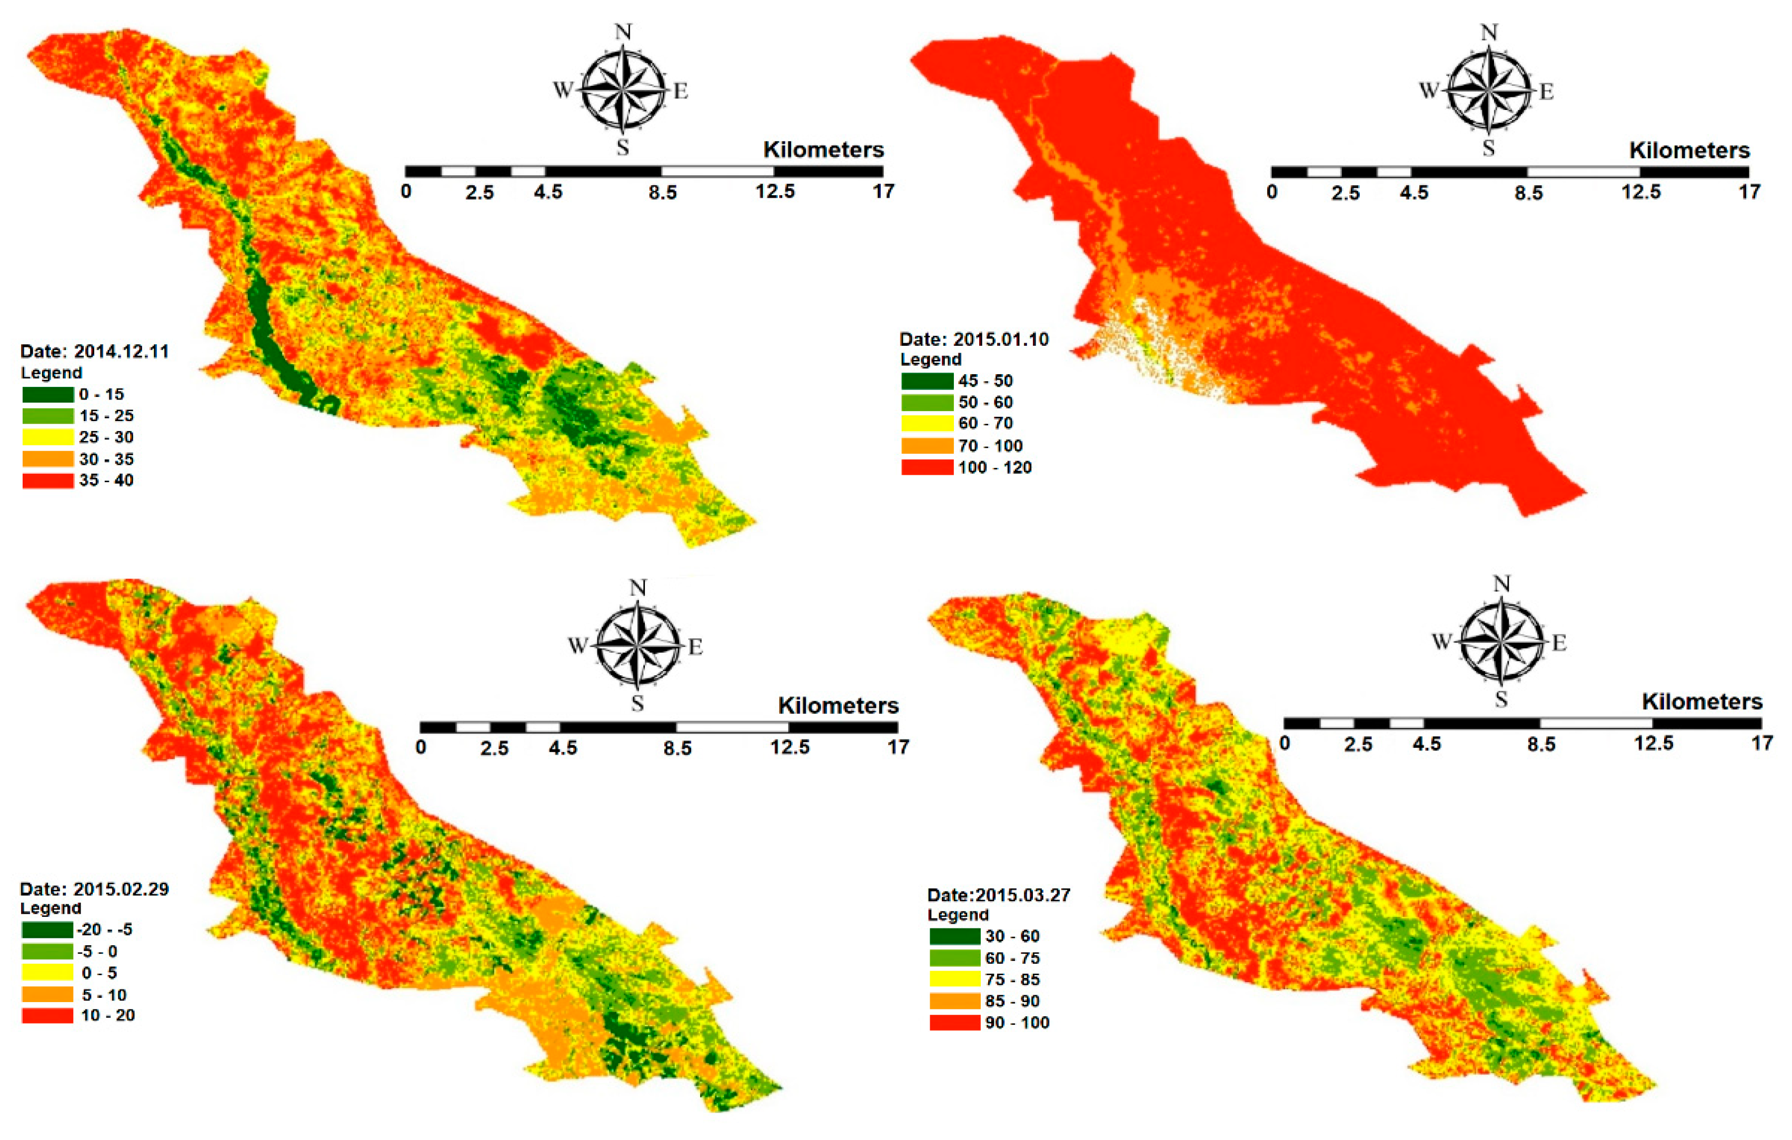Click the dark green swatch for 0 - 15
(x=47, y=394)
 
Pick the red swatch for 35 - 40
(x=47, y=481)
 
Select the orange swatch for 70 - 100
(x=927, y=446)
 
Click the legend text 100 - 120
(x=995, y=467)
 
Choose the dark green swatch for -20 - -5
(x=47, y=929)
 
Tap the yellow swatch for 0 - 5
(x=47, y=973)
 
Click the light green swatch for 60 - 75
(x=955, y=958)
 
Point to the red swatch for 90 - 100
(x=955, y=1023)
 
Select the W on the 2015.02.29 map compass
(x=578, y=645)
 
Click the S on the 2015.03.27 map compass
(x=1501, y=699)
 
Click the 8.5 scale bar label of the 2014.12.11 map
(x=662, y=193)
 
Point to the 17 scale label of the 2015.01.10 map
(x=1749, y=192)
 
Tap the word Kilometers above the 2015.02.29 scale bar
(x=838, y=705)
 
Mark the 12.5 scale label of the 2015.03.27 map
(x=1654, y=743)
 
